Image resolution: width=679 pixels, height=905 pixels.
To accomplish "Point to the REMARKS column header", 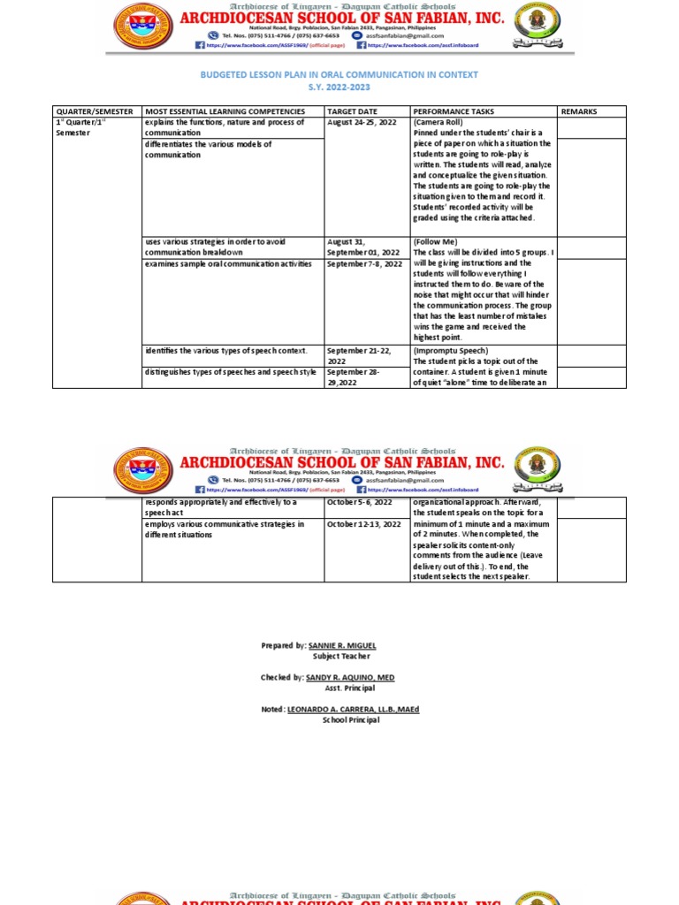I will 579,111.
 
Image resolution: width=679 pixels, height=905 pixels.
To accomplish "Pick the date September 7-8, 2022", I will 364,263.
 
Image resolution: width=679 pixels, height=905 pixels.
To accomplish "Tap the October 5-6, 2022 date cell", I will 360,502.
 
